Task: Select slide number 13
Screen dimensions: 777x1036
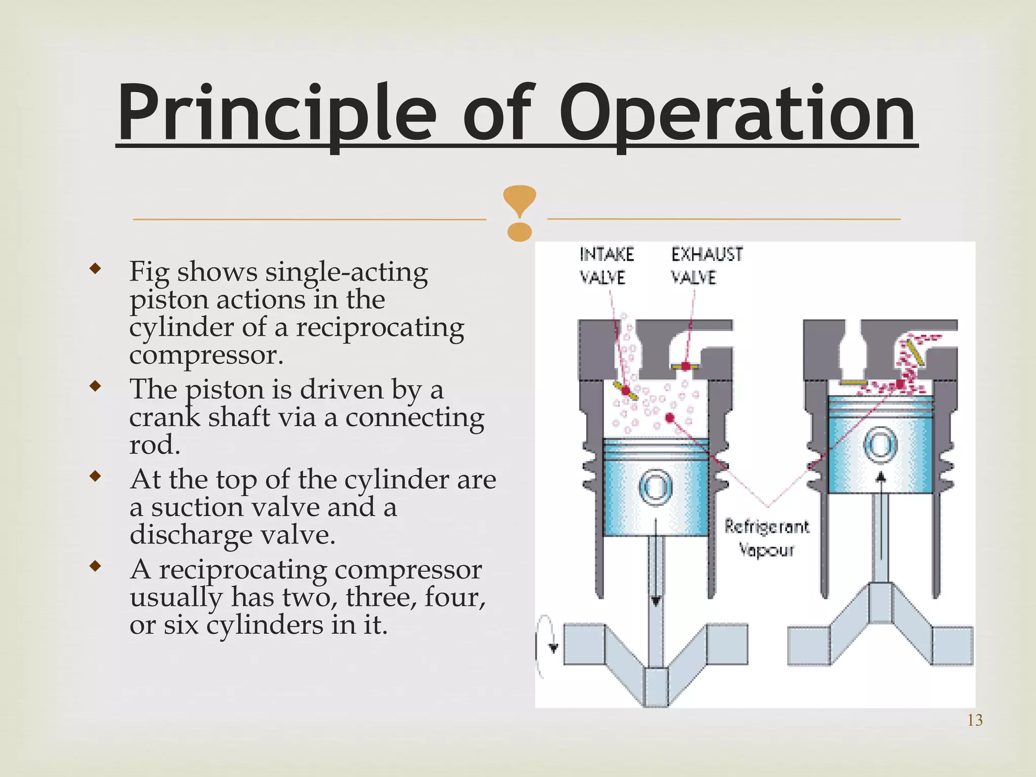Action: (x=974, y=720)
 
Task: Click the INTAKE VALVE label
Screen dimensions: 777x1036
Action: (x=606, y=266)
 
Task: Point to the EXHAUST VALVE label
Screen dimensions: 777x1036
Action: (x=707, y=266)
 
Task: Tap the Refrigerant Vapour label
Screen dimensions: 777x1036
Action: (x=766, y=537)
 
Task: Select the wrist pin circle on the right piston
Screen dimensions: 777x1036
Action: (x=881, y=445)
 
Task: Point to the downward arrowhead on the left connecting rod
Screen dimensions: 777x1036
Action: (x=656, y=600)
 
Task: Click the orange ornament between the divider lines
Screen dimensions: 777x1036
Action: (x=520, y=212)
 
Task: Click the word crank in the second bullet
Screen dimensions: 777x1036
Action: (x=164, y=418)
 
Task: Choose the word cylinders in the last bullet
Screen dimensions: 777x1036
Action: (x=265, y=625)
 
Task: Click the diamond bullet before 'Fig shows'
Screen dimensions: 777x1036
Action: (x=95, y=268)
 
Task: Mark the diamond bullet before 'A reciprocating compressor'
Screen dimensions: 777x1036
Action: (x=95, y=566)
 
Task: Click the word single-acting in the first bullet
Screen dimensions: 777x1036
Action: (x=347, y=272)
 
